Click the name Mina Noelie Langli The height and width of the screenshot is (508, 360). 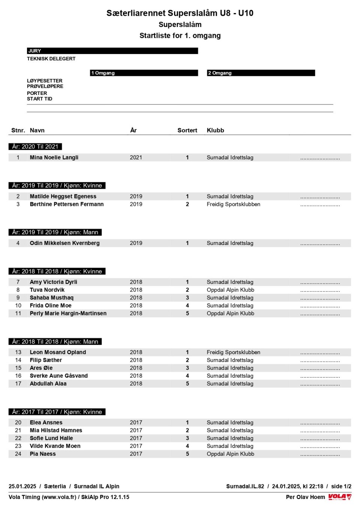coord(54,158)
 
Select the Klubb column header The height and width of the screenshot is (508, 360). coord(215,130)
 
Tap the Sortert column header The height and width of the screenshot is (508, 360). coord(187,130)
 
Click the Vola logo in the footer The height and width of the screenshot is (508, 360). coord(340,497)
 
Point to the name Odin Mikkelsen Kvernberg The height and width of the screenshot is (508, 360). coord(64,243)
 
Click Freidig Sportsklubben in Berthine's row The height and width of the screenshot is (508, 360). coord(233,204)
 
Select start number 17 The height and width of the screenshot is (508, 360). coord(18,383)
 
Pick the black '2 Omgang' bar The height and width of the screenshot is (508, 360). coord(261,73)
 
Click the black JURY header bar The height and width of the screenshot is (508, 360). coord(112,51)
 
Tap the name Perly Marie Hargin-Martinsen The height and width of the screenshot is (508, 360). coord(68,313)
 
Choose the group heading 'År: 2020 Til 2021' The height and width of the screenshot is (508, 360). coord(35,146)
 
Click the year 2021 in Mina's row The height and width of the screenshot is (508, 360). coord(136,158)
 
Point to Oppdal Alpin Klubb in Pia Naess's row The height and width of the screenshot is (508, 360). coord(230,454)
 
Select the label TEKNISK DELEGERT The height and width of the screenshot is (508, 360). coord(51,59)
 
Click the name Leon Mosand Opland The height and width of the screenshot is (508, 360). coord(58,352)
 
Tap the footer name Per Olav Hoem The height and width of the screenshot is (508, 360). coord(305,497)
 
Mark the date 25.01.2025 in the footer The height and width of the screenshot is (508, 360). coord(22,486)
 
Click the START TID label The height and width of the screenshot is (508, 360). coord(39,99)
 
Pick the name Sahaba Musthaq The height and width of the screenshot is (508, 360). coord(51,298)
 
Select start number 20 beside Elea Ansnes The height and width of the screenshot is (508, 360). coord(18,422)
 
